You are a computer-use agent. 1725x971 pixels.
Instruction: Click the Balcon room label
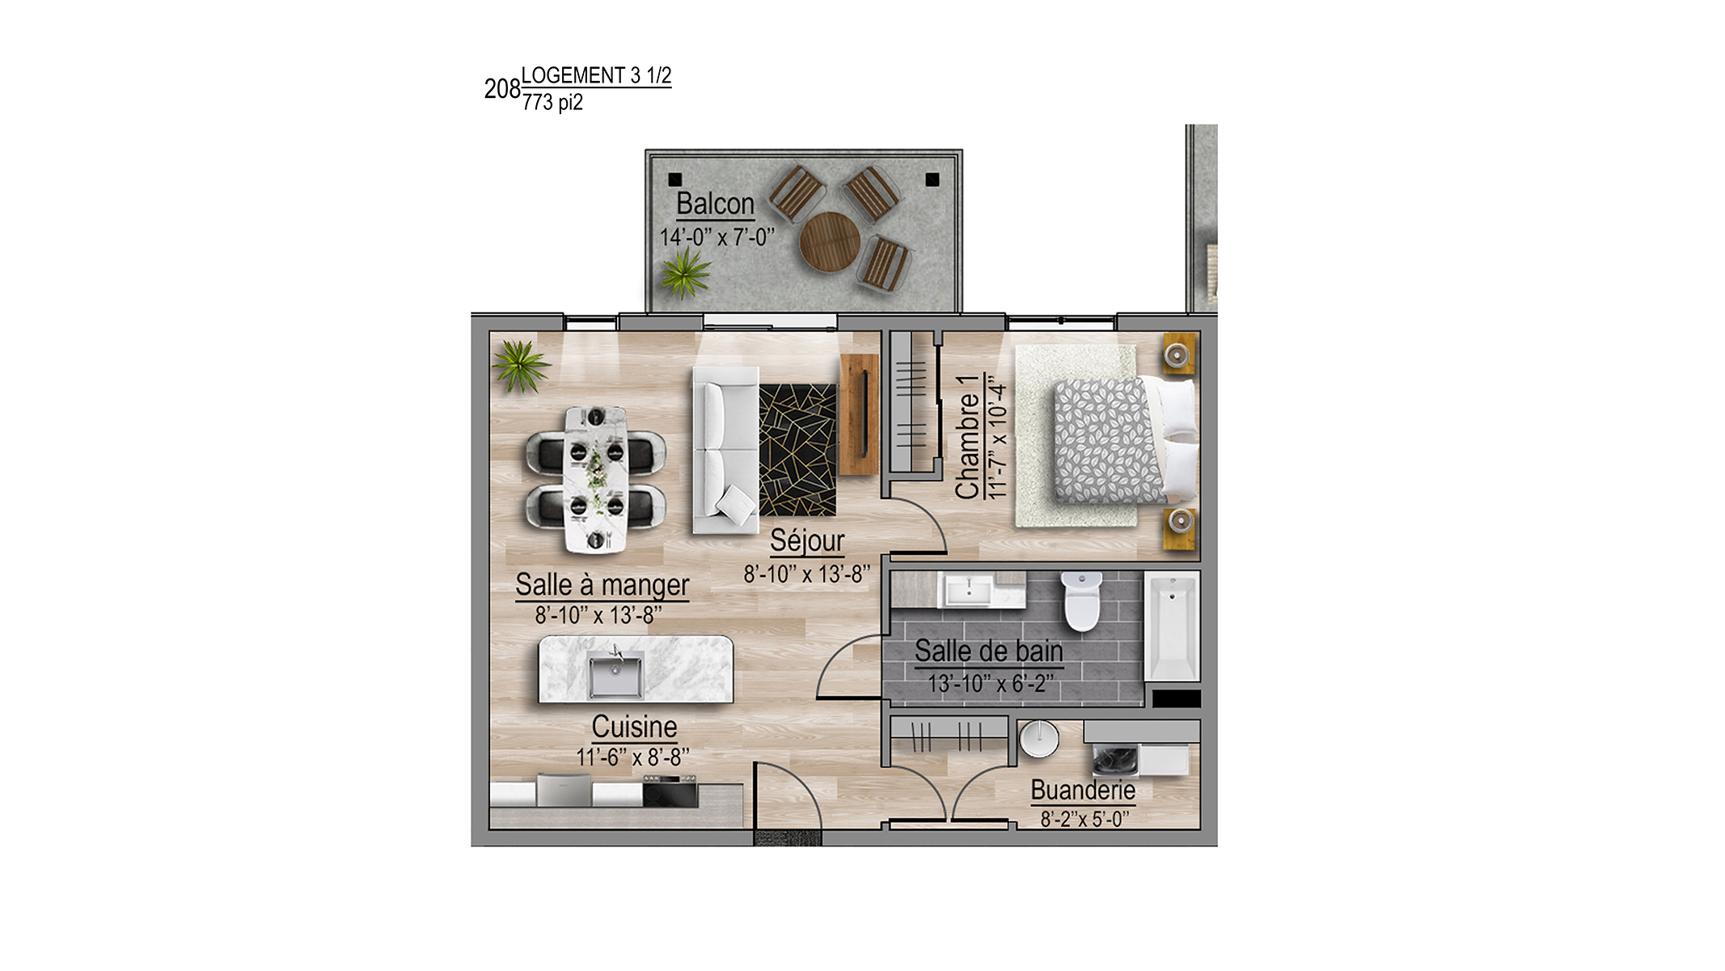tap(715, 204)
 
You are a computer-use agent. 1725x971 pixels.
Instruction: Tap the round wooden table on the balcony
tap(830, 242)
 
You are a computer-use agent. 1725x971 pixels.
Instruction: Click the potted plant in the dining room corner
tap(520, 366)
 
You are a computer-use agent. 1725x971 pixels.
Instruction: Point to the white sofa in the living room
tap(725, 451)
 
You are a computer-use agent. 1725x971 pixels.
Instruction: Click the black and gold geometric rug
tap(797, 450)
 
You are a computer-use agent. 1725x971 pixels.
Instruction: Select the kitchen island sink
tap(616, 676)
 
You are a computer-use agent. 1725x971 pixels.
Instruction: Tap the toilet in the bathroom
tap(1081, 601)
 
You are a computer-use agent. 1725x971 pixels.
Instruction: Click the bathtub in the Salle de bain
tap(1171, 628)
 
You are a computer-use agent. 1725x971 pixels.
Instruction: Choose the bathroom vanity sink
tap(969, 590)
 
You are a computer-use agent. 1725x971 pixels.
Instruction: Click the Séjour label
tap(807, 541)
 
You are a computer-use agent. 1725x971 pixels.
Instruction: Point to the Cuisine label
tap(635, 727)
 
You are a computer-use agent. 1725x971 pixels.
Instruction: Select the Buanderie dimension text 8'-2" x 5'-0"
tap(1084, 819)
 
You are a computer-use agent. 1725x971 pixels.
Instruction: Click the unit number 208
tap(502, 88)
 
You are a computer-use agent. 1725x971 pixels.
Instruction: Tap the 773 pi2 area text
tap(552, 102)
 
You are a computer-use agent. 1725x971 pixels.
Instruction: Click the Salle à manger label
tap(602, 584)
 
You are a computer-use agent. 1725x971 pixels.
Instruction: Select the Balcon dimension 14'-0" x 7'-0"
tap(717, 237)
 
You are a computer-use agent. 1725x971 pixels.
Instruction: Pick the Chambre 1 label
tap(968, 437)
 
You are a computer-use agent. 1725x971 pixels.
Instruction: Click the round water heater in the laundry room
tap(1038, 739)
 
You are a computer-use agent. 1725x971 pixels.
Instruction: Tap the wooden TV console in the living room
tap(859, 413)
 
